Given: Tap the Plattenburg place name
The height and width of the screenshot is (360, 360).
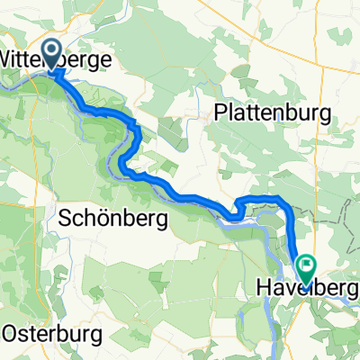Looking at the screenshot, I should tap(273, 112).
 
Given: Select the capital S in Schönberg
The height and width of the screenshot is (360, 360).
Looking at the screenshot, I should tap(64, 217).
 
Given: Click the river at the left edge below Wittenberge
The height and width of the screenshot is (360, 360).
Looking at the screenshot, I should tap(7, 86).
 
